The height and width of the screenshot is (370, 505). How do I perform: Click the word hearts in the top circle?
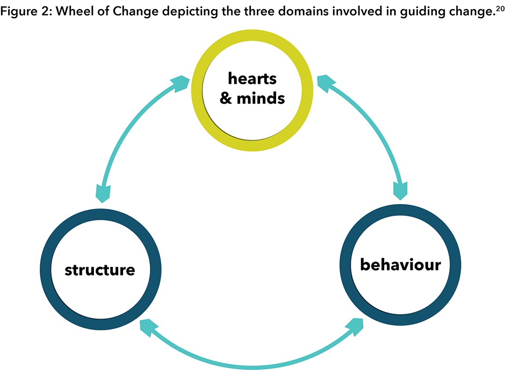click(252, 79)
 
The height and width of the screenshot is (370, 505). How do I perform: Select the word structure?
click(99, 269)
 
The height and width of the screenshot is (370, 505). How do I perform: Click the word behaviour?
click(400, 265)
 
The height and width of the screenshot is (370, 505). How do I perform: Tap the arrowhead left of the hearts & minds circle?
click(179, 83)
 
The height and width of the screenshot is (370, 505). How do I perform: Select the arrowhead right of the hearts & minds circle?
click(323, 82)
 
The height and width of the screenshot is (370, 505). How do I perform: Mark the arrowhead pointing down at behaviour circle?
click(400, 190)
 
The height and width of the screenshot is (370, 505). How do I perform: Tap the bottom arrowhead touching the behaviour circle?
click(356, 324)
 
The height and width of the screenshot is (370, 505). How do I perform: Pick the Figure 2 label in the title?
click(24, 12)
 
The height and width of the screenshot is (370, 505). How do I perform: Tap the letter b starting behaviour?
click(366, 264)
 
